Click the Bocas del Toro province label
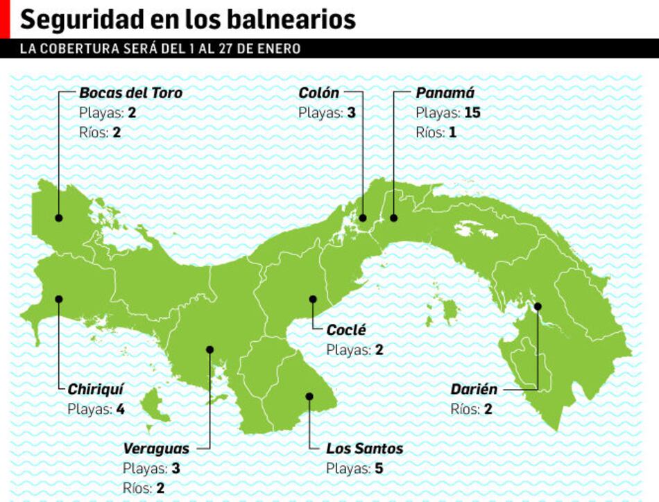[130, 93]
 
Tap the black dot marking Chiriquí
[59, 300]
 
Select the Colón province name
[319, 93]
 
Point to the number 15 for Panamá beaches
[472, 112]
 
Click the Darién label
[474, 390]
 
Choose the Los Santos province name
[364, 449]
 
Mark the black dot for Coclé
[313, 300]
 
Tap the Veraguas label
[156, 449]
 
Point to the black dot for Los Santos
[309, 397]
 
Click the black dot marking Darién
[538, 306]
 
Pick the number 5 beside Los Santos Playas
[379, 469]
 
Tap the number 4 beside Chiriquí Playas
[120, 409]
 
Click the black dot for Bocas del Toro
[59, 218]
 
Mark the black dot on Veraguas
[209, 349]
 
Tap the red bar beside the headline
[5, 19]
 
